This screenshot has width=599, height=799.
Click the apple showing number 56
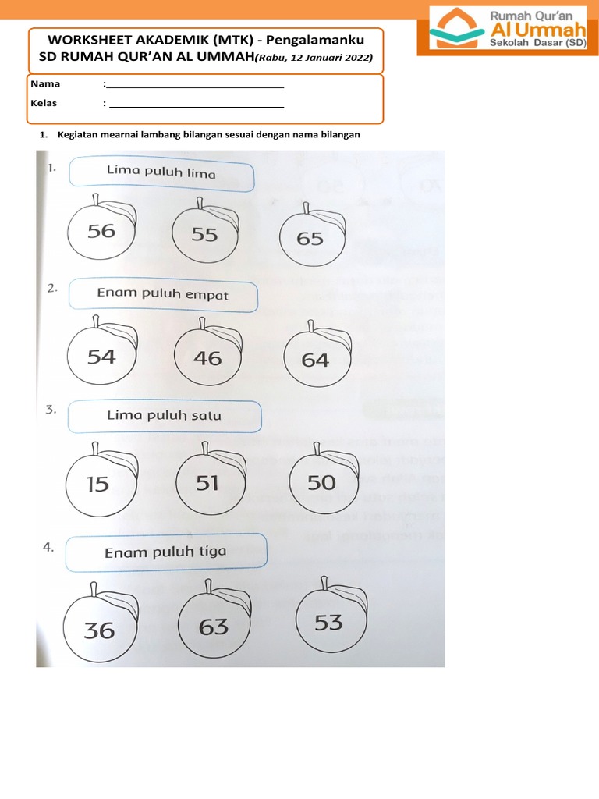click(x=101, y=231)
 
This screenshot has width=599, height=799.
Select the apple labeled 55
click(x=205, y=234)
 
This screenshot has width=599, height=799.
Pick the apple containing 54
click(x=101, y=357)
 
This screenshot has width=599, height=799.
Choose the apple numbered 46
click(x=207, y=358)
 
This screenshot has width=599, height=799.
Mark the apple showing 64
click(x=316, y=360)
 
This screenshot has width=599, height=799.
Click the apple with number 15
click(x=98, y=484)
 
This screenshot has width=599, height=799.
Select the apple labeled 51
click(x=208, y=483)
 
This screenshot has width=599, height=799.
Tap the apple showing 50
click(x=321, y=482)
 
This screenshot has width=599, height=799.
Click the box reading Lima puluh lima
click(x=161, y=173)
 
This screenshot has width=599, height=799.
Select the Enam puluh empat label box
click(x=164, y=294)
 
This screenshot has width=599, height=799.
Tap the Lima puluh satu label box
click(x=165, y=416)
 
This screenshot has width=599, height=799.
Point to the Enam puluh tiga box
click(x=166, y=552)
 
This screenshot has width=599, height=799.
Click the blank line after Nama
click(x=195, y=85)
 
